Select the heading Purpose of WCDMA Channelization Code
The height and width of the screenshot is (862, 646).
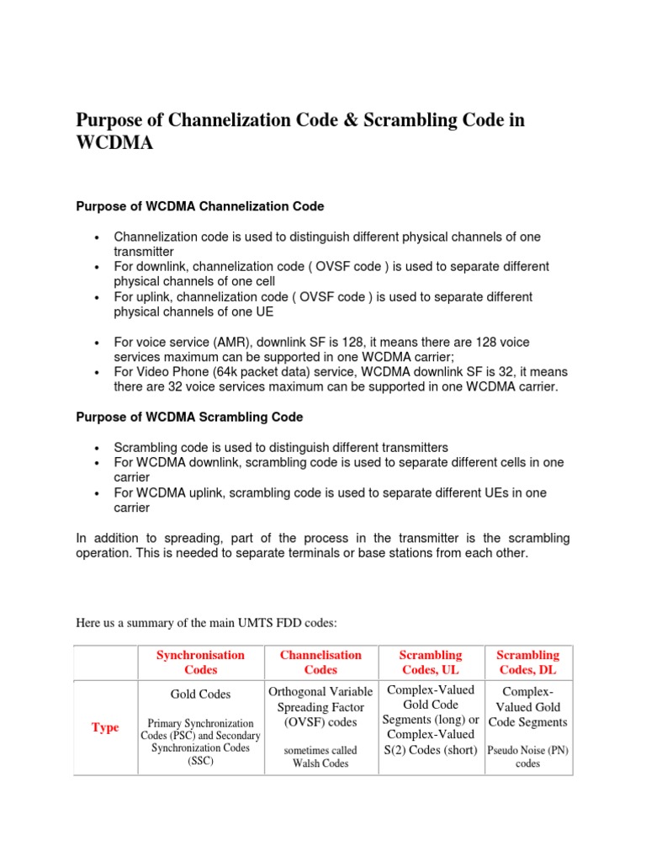tap(200, 206)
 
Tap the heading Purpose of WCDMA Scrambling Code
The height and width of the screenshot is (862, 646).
tap(189, 417)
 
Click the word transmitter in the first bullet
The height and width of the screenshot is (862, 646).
tap(144, 251)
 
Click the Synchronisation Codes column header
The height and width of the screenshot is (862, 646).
tap(200, 662)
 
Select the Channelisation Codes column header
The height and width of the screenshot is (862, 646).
tap(320, 662)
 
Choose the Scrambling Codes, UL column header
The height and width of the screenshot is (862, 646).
tap(431, 662)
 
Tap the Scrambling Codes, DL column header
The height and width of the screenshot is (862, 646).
tap(527, 662)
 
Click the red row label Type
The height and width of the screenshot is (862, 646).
tap(105, 727)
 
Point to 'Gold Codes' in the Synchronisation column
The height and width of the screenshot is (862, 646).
tap(200, 694)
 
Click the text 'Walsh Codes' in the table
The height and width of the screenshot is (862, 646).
tap(320, 764)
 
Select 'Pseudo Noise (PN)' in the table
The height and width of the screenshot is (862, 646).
tap(527, 749)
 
